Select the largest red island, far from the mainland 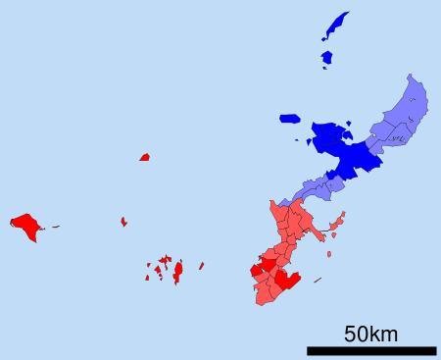click(25, 227)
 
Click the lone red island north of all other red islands click(145, 157)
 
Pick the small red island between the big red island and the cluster click(123, 222)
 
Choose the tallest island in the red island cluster click(178, 271)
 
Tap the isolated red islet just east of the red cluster click(202, 265)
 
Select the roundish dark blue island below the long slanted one click(326, 57)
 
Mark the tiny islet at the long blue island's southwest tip click(323, 39)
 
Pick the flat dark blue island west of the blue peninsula click(289, 119)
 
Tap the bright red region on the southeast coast click(286, 281)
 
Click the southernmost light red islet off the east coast click(329, 254)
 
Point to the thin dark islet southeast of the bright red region click(318, 281)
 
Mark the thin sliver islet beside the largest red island click(55, 227)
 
